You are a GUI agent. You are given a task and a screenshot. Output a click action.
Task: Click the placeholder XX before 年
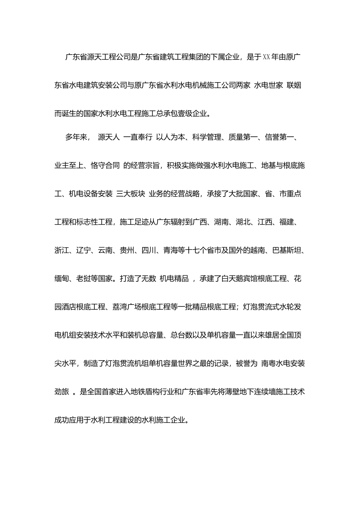(x=266, y=57)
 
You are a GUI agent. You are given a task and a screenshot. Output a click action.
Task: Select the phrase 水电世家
(x=268, y=86)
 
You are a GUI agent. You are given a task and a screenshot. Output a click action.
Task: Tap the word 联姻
(x=294, y=86)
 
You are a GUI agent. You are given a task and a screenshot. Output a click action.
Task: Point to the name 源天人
(x=109, y=137)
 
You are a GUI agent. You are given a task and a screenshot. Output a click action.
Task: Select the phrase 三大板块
(x=131, y=194)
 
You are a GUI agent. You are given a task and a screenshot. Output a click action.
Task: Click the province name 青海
(x=171, y=251)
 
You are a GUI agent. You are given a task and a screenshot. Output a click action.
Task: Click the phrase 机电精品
(x=174, y=279)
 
